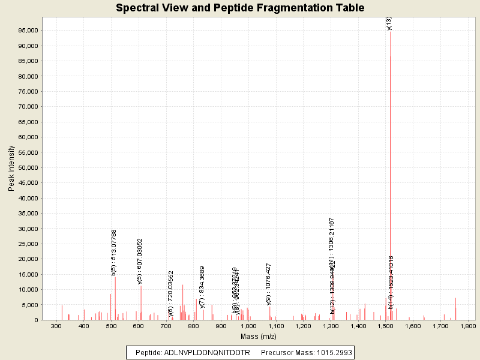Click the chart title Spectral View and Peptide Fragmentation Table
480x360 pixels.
coord(240,8)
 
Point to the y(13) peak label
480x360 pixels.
coord(389,23)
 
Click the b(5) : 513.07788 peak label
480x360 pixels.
coord(114,252)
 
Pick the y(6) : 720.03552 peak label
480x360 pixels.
coord(171,293)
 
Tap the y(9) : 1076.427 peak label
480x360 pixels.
coord(269,284)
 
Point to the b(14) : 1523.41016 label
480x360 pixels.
coord(391,282)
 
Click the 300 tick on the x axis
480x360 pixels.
coord(56,326)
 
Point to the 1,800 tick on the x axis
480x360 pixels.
coord(467,326)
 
